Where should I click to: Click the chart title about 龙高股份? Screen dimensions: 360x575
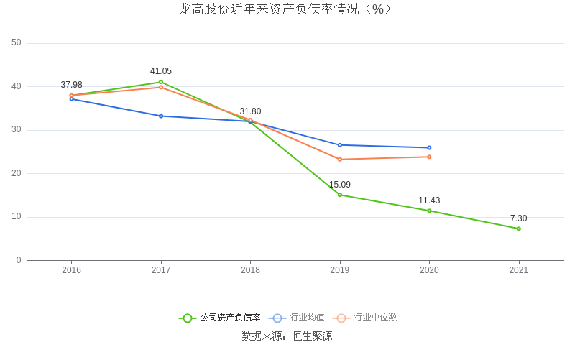287,9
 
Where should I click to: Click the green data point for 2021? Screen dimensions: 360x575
518,229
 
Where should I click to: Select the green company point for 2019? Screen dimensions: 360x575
340,195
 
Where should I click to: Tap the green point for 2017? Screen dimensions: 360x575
161,82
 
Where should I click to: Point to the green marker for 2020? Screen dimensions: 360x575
429,211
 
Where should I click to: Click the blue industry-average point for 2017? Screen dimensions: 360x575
161,116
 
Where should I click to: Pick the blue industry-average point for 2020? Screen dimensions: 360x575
429,147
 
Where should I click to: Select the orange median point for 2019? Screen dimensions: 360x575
340,160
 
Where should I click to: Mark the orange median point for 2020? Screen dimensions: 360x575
429,157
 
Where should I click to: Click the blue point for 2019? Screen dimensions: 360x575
340,145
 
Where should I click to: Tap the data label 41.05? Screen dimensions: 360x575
161,71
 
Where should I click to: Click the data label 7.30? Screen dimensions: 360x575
518,218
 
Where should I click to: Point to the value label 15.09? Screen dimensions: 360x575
340,185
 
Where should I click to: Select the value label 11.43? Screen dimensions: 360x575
429,200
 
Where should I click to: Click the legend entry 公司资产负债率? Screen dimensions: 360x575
220,318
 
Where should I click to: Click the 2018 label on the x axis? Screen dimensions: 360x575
250,270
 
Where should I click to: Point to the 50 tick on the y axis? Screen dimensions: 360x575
17,43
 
